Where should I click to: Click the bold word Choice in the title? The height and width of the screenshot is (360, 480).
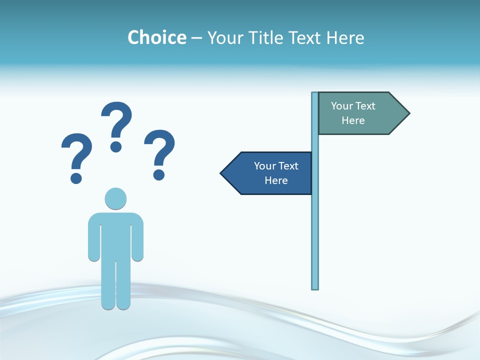pos(156,37)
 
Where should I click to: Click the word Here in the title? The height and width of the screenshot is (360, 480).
pos(345,37)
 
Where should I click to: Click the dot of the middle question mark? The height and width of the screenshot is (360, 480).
pos(116,146)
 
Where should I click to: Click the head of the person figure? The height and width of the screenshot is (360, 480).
pos(115,198)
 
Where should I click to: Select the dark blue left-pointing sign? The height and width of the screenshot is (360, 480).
pos(270,173)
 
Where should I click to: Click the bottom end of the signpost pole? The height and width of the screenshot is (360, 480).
pos(315,287)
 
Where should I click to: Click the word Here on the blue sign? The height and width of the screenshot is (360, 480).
pos(276,180)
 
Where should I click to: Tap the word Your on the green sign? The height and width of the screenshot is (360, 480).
pos(342,106)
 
